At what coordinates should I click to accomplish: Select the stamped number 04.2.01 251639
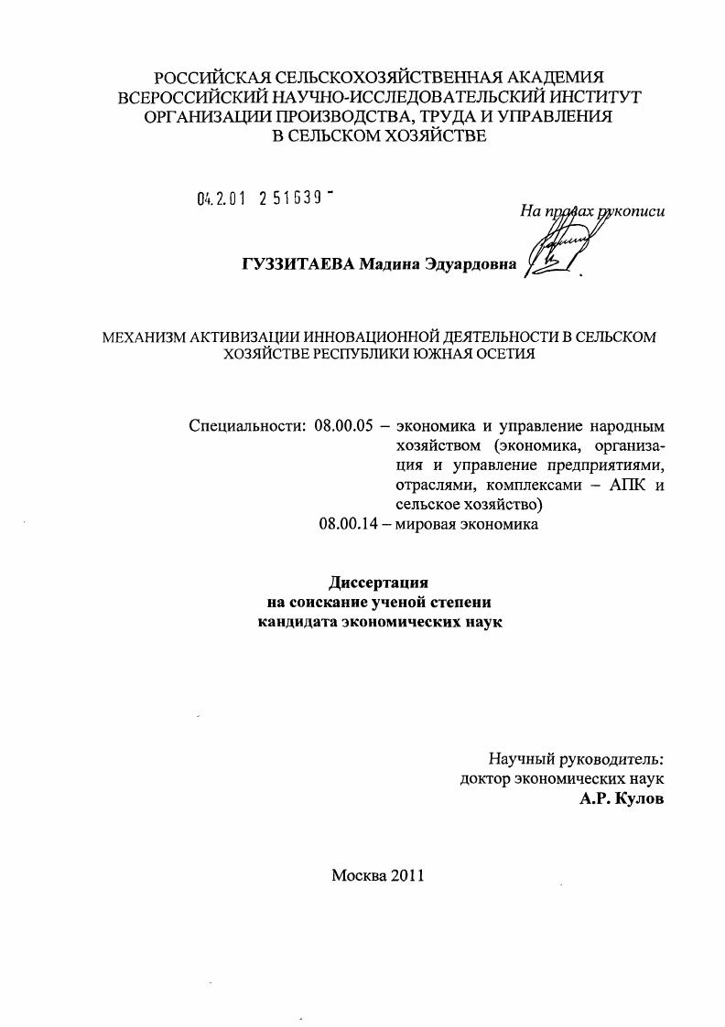[263, 198]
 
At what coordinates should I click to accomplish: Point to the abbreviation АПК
[624, 485]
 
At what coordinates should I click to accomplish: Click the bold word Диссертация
[378, 583]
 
